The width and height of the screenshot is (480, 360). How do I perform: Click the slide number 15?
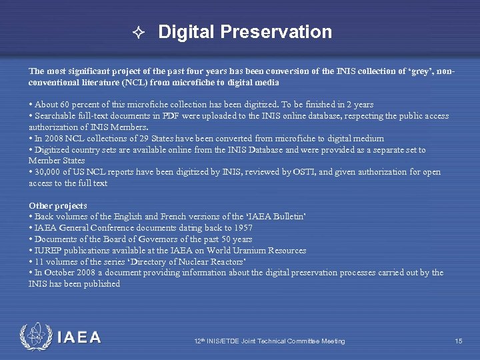point(459,341)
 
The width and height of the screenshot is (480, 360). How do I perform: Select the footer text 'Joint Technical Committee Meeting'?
point(291,341)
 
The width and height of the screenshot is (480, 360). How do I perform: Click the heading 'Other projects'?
point(58,205)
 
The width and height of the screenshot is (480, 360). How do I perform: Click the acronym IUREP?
point(48,250)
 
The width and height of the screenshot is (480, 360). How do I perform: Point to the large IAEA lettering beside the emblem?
point(79,337)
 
